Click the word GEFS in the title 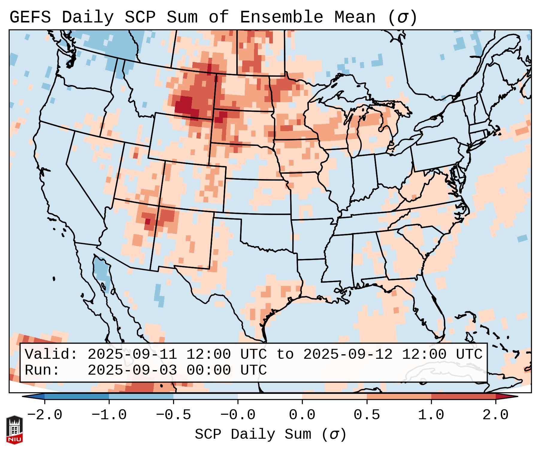pos(30,17)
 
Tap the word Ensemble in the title pos(281,17)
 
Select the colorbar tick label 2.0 pos(495,415)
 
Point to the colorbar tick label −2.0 pos(45,415)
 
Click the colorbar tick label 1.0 pos(431,415)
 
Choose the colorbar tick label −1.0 pos(109,415)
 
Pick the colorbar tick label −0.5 pos(173,415)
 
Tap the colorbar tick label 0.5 pos(367,415)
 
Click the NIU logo pos(14,429)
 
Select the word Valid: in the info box pos(51,354)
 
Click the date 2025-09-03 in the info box pos(132,370)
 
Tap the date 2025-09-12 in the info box pos(348,354)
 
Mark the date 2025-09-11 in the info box pos(132,354)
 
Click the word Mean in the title pos(355,17)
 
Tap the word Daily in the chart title pos(88,17)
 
